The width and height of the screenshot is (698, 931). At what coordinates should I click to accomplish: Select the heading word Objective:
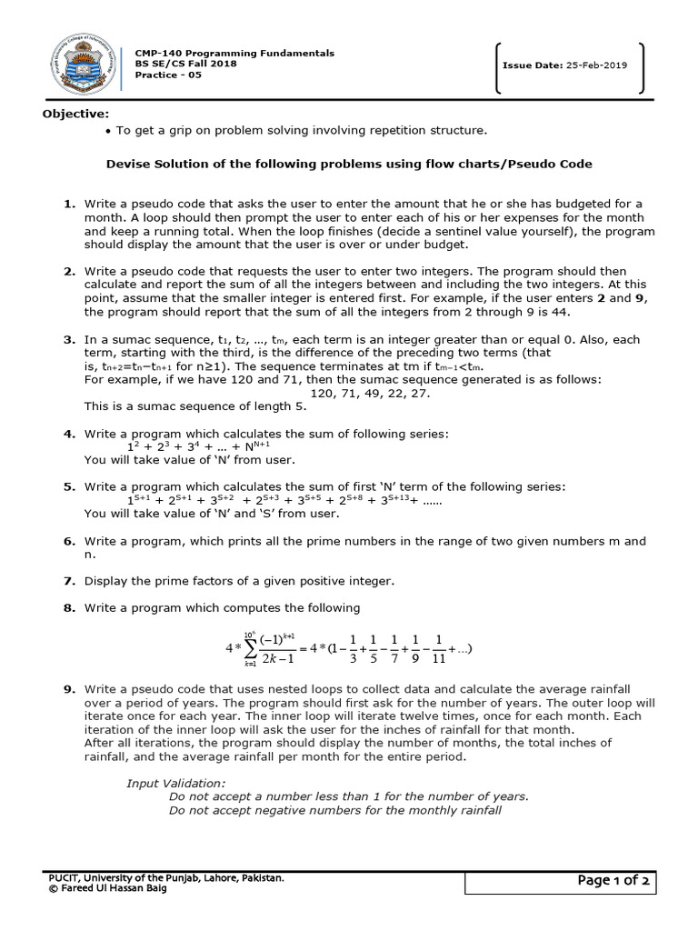point(75,114)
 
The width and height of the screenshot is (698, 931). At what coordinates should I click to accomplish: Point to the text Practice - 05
point(168,75)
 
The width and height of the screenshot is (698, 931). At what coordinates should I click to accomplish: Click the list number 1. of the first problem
point(69,204)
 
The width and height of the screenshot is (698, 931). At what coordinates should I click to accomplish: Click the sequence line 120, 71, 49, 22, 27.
point(370,393)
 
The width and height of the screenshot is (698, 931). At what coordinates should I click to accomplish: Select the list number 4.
point(69,434)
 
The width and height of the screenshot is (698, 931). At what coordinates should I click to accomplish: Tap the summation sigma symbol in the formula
point(249,649)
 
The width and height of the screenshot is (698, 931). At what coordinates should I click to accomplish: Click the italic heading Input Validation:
point(175,783)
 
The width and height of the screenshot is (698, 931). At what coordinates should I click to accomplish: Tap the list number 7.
point(69,580)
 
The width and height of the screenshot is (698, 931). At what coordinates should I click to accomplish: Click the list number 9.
point(69,690)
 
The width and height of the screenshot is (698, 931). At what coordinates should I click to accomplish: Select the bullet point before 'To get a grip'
point(108,131)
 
